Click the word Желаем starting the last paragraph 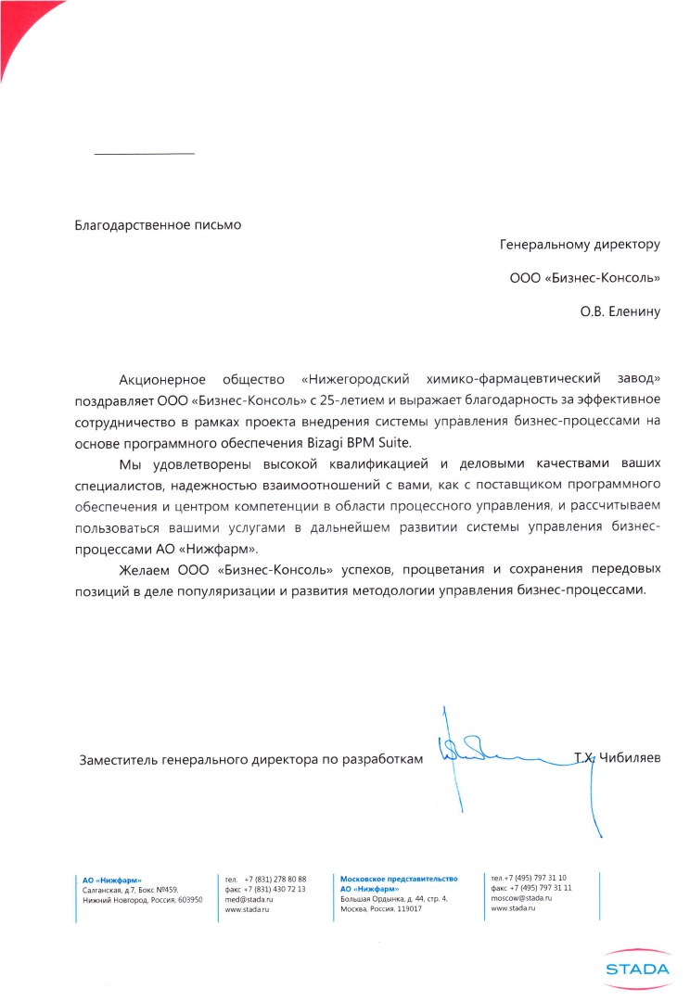point(145,568)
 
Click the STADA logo point(636,969)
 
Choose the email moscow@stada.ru point(521,898)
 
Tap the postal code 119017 point(406,909)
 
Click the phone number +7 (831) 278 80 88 point(275,879)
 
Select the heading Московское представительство point(399,878)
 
